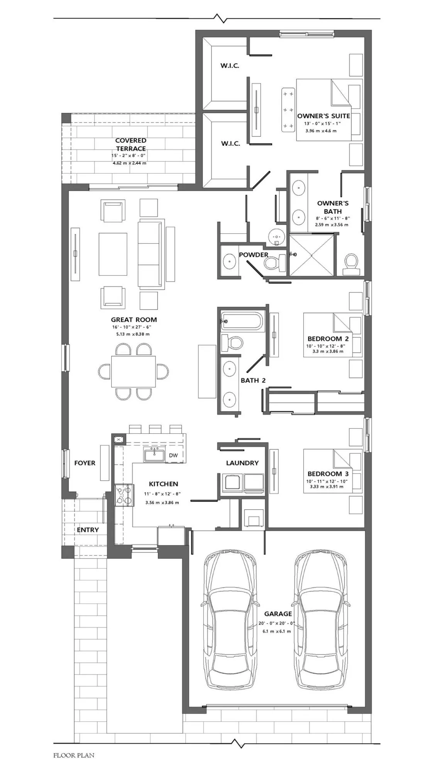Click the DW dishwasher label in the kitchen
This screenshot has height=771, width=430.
pyautogui.click(x=173, y=455)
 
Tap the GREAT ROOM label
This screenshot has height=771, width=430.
pyautogui.click(x=134, y=320)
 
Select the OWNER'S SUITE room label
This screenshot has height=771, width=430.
pyautogui.click(x=323, y=116)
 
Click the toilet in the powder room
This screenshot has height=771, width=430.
pyautogui.click(x=274, y=263)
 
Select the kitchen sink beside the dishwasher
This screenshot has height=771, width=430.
pyautogui.click(x=154, y=455)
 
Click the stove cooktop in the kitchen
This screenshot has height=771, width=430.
pyautogui.click(x=124, y=495)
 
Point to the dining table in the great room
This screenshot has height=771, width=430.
pyautogui.click(x=134, y=371)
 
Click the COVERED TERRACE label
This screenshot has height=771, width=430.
pyautogui.click(x=131, y=145)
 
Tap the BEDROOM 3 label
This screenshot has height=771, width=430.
pyautogui.click(x=328, y=474)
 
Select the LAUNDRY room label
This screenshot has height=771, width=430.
pyautogui.click(x=242, y=463)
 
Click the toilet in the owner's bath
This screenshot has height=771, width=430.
pyautogui.click(x=351, y=264)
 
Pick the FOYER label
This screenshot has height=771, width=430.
pyautogui.click(x=85, y=463)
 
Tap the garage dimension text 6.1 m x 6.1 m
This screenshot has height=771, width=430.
pyautogui.click(x=277, y=631)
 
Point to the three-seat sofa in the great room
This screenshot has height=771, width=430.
pyautogui.click(x=151, y=254)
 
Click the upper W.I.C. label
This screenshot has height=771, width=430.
pyautogui.click(x=230, y=66)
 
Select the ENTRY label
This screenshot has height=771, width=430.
pyautogui.click(x=88, y=530)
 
